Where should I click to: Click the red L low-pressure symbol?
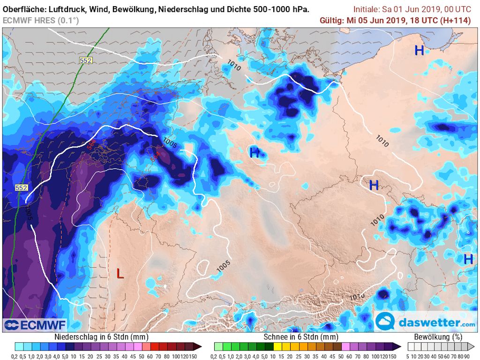(120, 273)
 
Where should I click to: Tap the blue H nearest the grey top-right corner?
(419, 50)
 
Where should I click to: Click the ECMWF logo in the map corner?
(35, 324)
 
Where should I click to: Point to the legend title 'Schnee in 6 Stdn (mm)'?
(301, 337)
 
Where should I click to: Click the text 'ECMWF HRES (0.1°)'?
(41, 20)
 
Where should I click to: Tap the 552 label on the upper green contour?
(85, 60)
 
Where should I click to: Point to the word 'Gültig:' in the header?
(332, 20)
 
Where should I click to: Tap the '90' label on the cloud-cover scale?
(467, 356)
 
